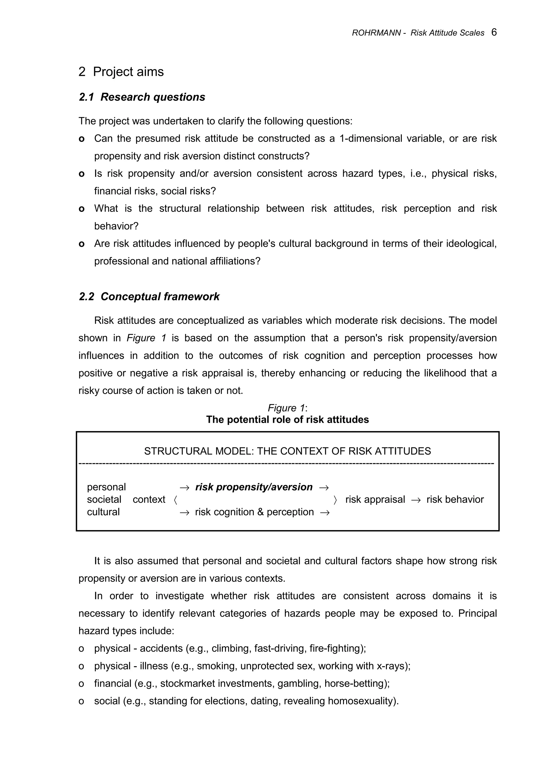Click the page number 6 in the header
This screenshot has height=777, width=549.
tap(494, 32)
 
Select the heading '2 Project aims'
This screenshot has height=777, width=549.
tap(121, 72)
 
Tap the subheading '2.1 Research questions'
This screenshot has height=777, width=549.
tap(142, 97)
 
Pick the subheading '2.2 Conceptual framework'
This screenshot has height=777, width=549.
tap(149, 297)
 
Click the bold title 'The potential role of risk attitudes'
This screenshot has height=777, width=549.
tap(288, 420)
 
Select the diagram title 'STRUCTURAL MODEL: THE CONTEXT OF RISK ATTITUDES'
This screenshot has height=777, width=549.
tap(288, 451)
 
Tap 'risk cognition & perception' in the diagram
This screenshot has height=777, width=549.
tap(254, 512)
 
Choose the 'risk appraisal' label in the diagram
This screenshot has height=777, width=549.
tap(375, 500)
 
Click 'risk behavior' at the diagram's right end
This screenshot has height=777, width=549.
tap(455, 500)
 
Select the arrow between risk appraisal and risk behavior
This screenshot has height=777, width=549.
tap(416, 500)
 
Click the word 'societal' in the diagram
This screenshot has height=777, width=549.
tap(104, 500)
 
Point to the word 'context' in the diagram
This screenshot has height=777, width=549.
tap(149, 500)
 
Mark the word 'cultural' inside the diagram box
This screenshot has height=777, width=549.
tap(103, 512)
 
